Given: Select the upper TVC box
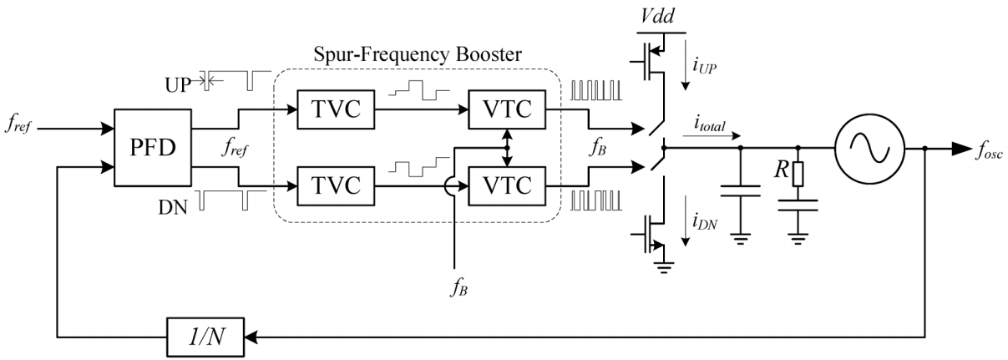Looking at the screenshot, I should pos(334,108).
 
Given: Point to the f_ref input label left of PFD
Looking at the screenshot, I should pos(19,130).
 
